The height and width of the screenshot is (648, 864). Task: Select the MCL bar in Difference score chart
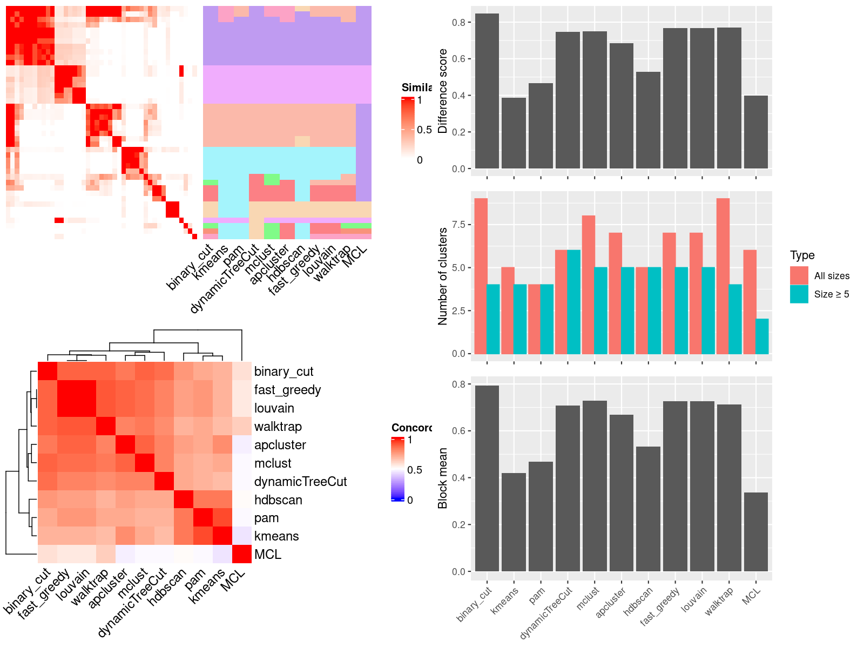(755, 132)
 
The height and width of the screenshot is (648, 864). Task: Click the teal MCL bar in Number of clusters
(762, 336)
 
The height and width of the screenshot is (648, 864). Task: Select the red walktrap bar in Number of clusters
(723, 276)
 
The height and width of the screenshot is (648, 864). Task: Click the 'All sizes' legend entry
(832, 276)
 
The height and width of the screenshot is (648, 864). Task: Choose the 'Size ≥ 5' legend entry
(832, 294)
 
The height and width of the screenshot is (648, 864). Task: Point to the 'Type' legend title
(802, 255)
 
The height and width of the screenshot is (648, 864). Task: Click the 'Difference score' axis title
(443, 91)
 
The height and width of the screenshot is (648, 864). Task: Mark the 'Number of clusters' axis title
(443, 276)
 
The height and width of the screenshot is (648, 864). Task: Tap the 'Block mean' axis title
(443, 478)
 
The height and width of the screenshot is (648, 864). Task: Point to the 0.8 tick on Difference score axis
(458, 22)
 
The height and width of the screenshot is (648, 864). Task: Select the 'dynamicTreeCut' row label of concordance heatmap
(300, 482)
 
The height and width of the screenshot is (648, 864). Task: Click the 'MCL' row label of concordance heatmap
(268, 555)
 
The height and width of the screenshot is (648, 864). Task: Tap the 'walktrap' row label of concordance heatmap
(278, 427)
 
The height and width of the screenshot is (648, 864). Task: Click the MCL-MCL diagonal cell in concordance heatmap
(242, 554)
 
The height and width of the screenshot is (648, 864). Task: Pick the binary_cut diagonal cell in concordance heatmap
(48, 372)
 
